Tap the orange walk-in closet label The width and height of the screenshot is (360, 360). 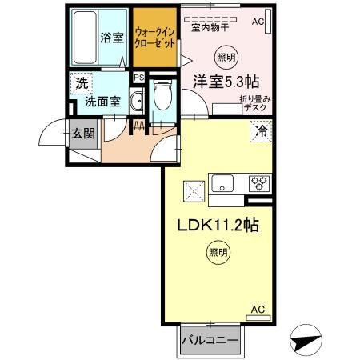tap(155, 37)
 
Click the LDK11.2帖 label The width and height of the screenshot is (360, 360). tap(216, 226)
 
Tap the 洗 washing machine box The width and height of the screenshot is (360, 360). tap(80, 82)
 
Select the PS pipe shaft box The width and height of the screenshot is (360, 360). tap(139, 78)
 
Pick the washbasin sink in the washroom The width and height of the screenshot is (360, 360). tap(136, 101)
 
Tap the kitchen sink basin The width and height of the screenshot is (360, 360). tap(221, 182)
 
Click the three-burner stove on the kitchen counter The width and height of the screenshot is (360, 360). tap(258, 182)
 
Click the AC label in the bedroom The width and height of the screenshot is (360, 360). tap(258, 22)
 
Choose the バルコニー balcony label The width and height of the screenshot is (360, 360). tap(210, 340)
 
